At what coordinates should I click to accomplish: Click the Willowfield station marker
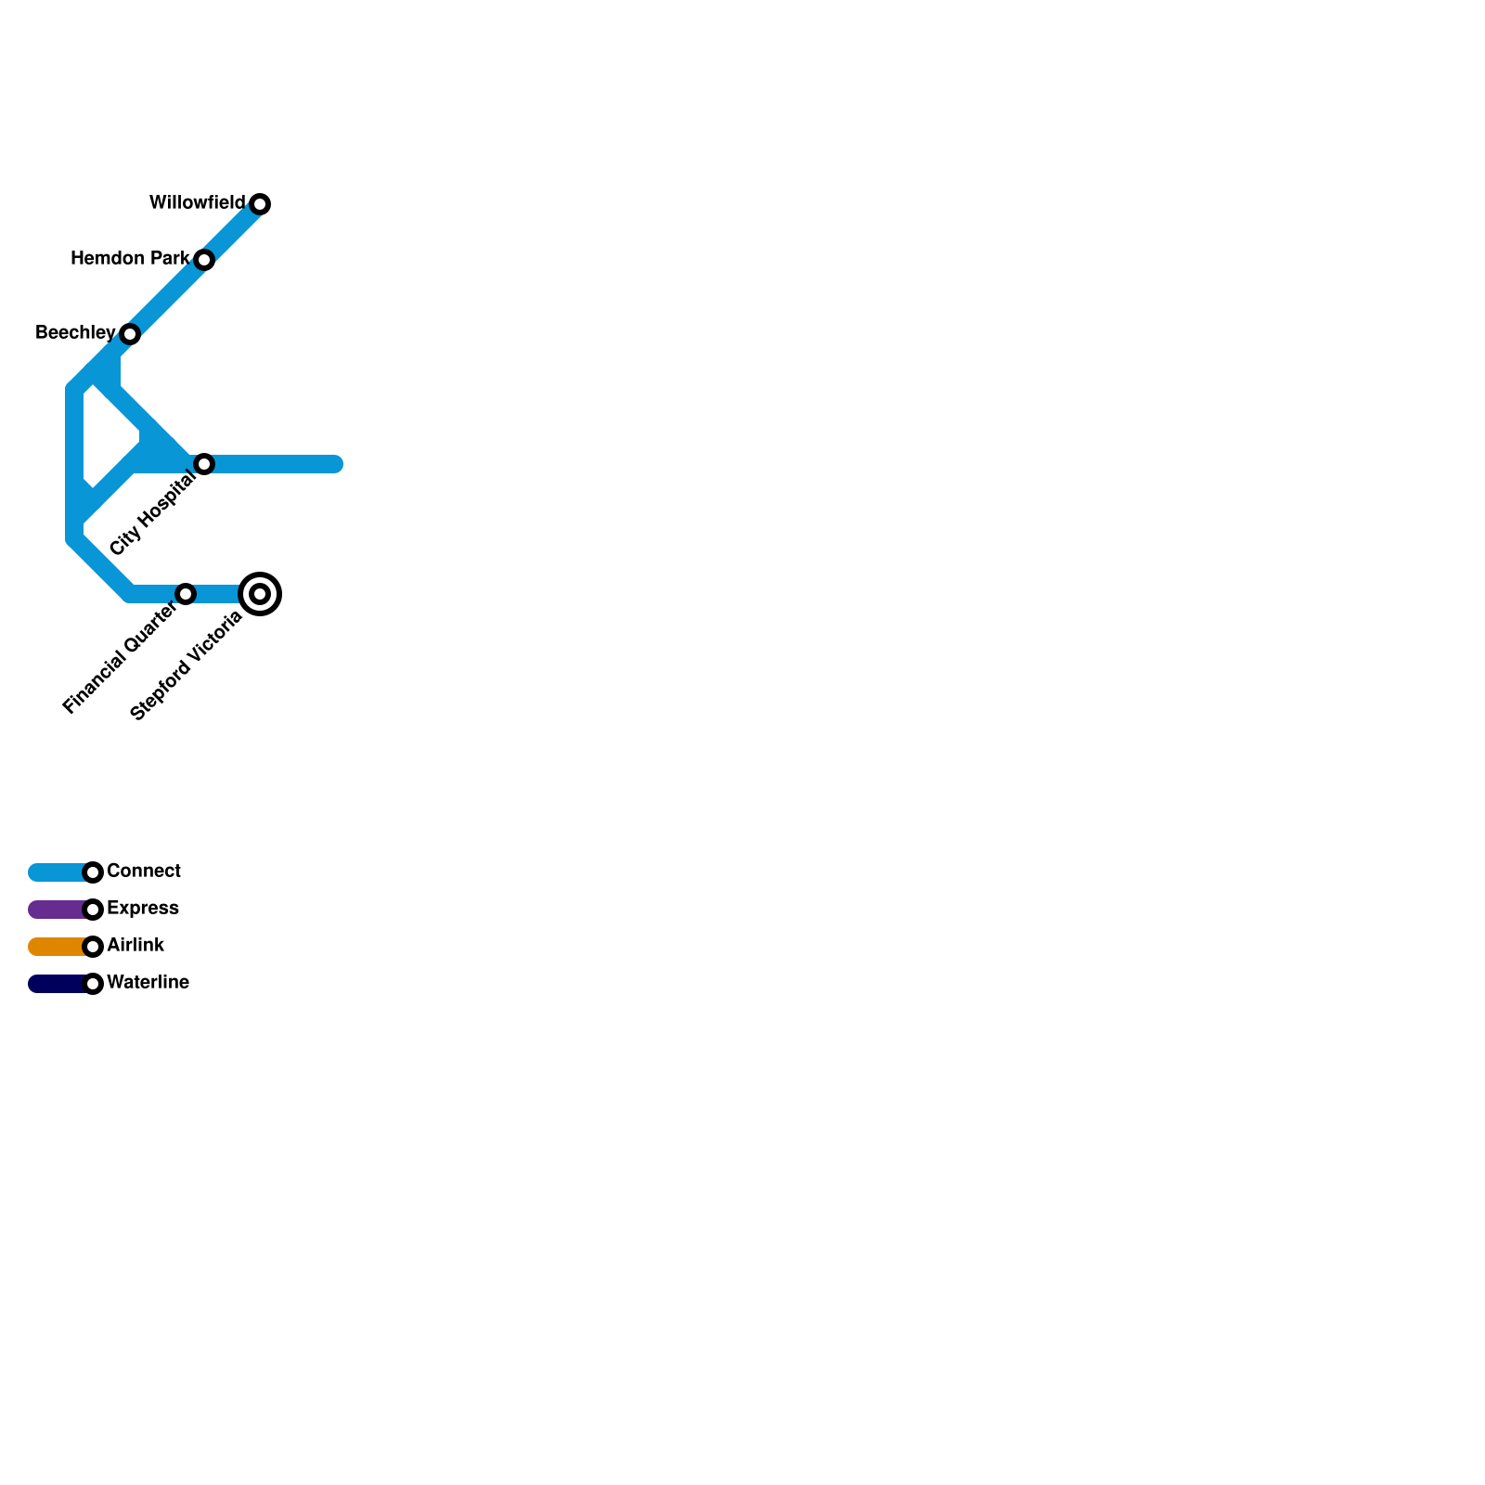[x=260, y=204]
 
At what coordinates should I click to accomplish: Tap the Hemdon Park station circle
[x=204, y=260]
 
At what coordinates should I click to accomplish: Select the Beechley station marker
[x=130, y=334]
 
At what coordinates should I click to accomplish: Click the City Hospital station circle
[x=204, y=464]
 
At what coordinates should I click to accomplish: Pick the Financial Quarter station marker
[x=186, y=594]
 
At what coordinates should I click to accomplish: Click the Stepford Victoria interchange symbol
[x=260, y=594]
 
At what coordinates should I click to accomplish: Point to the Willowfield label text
[x=197, y=202]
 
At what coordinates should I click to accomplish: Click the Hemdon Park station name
[x=130, y=258]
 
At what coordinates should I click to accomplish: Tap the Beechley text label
[x=75, y=332]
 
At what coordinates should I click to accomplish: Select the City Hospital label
[x=152, y=513]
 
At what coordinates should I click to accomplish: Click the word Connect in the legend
[x=144, y=871]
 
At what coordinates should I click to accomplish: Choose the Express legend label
[x=143, y=908]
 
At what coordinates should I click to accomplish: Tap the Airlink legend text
[x=136, y=945]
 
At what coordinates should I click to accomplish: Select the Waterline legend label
[x=148, y=982]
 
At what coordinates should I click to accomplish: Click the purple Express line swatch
[x=56, y=910]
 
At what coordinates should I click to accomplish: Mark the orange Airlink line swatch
[x=56, y=947]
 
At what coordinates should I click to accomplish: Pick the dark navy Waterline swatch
[x=56, y=984]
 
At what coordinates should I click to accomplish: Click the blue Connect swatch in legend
[x=56, y=872]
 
